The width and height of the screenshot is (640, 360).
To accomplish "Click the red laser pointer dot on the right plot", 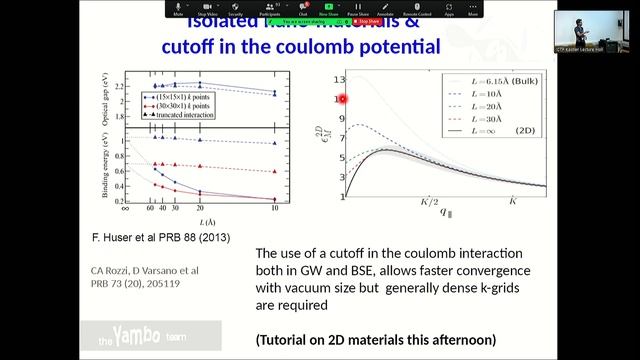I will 343,98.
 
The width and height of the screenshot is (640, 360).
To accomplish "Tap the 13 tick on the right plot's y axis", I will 339,78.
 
